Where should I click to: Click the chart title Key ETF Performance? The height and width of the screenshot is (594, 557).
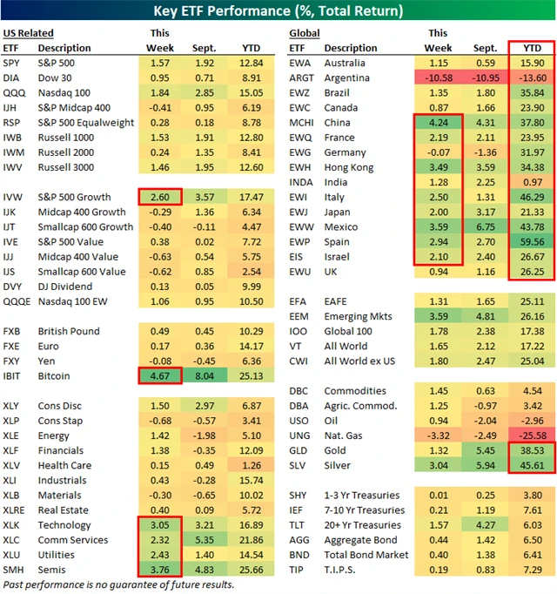tap(278, 11)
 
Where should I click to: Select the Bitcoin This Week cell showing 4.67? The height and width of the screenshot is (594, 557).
tap(160, 376)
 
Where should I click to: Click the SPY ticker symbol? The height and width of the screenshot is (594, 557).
tap(13, 64)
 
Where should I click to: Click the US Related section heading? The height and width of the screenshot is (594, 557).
tap(28, 32)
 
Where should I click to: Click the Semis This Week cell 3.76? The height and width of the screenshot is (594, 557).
tap(160, 570)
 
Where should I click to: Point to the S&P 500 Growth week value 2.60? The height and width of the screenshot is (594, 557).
tap(160, 198)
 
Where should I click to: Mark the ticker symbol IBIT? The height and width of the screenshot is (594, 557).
tap(14, 376)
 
